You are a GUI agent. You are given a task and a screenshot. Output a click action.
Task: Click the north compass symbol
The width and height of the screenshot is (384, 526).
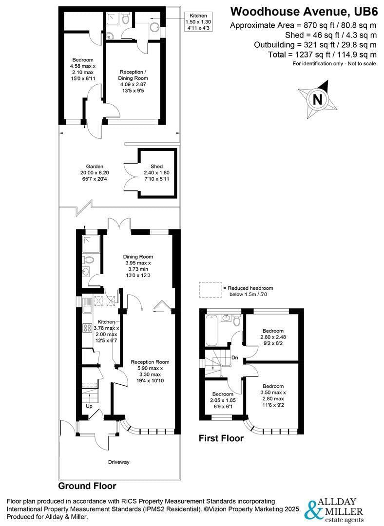point(318,99)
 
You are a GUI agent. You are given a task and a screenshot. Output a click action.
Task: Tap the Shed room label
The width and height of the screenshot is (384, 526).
point(156,173)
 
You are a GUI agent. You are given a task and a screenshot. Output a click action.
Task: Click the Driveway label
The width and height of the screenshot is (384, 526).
point(119,462)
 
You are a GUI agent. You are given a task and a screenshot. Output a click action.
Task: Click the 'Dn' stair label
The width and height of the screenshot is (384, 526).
point(234,358)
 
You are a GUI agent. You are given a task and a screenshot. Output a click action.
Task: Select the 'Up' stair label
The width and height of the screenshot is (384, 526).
point(89,406)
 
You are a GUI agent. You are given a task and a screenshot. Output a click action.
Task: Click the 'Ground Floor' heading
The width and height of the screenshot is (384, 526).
point(87,486)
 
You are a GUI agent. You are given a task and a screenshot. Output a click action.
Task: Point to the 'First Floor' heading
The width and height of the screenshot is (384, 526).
point(221,438)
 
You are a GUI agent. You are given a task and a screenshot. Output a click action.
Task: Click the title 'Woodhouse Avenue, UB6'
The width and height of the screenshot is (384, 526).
point(304,11)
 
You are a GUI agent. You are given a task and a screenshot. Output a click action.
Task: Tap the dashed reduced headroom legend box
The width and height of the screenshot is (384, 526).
point(210,290)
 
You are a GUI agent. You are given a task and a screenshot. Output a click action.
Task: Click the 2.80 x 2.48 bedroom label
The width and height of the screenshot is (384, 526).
point(273,337)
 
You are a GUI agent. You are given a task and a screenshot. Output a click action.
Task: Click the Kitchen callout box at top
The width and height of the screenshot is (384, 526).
point(198,22)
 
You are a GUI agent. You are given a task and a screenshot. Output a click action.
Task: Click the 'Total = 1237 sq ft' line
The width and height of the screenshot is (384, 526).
point(322,55)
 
